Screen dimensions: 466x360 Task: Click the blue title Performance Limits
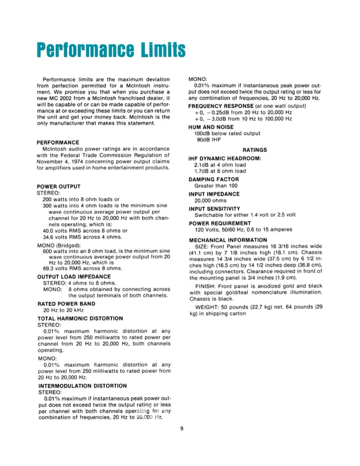click(111, 50)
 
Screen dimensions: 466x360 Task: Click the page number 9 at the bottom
click(182, 429)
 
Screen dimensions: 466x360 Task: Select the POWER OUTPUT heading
click(58, 186)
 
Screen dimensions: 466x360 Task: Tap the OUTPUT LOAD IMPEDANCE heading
click(74, 276)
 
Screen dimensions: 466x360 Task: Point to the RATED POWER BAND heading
click(66, 304)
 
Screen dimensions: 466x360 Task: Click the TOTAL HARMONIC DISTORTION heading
click(80, 318)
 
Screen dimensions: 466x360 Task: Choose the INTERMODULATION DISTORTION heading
click(82, 386)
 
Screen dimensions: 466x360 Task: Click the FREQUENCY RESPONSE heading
click(221, 106)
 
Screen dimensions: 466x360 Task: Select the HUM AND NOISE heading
click(211, 127)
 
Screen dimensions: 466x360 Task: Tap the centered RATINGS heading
click(255, 150)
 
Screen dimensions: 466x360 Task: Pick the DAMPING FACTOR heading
click(214, 179)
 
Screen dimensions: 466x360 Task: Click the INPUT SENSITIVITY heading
click(214, 209)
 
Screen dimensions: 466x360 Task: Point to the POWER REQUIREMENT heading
click(220, 223)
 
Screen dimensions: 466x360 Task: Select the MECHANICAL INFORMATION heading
click(228, 240)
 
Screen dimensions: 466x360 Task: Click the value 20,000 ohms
click(210, 200)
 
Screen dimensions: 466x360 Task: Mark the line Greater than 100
click(216, 186)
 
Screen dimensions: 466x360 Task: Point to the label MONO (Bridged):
click(59, 245)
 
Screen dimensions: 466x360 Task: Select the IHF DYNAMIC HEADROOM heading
click(225, 158)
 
